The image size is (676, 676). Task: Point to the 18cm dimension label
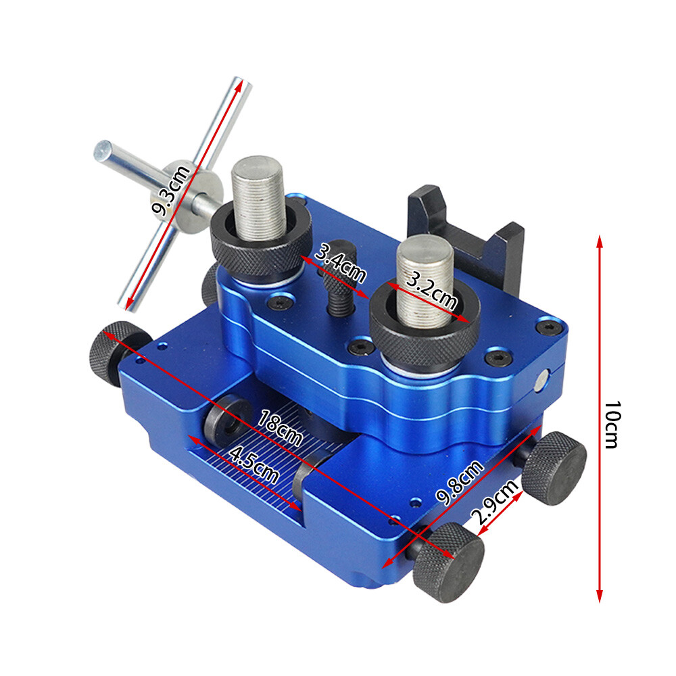pyautogui.click(x=279, y=429)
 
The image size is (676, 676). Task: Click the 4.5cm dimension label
pyautogui.click(x=254, y=464)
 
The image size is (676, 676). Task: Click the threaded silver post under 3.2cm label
pyautogui.click(x=422, y=270)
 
